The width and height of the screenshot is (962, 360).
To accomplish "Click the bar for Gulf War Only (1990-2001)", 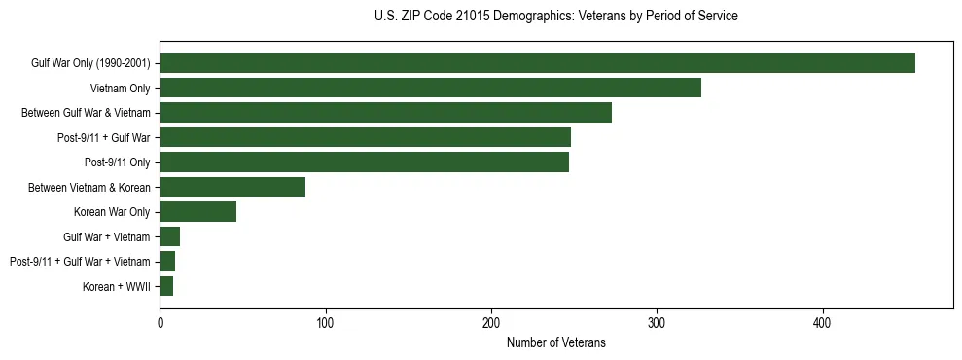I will [x=537, y=63].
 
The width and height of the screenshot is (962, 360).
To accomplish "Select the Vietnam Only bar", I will [x=430, y=89].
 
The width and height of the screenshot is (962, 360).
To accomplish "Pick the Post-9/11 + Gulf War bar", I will [x=365, y=137].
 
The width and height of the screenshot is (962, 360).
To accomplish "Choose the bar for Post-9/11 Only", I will [x=364, y=162].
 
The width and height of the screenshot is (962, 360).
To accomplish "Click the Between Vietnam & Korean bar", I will [x=232, y=187].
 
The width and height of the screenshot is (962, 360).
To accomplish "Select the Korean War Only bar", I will [x=197, y=212].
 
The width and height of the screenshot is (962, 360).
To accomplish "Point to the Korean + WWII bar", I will [x=166, y=286].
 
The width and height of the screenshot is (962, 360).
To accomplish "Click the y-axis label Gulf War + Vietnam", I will [x=107, y=236].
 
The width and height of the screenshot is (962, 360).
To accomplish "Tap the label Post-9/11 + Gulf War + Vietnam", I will [x=80, y=262].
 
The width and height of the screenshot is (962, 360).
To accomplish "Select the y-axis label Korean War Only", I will [x=112, y=212].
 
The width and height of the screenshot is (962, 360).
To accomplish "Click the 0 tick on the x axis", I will [x=160, y=322].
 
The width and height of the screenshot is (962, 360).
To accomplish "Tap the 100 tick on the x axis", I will [x=326, y=322].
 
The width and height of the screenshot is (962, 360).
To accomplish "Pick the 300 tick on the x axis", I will [x=658, y=322].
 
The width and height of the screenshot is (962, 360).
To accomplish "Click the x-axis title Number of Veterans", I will [x=555, y=342].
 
